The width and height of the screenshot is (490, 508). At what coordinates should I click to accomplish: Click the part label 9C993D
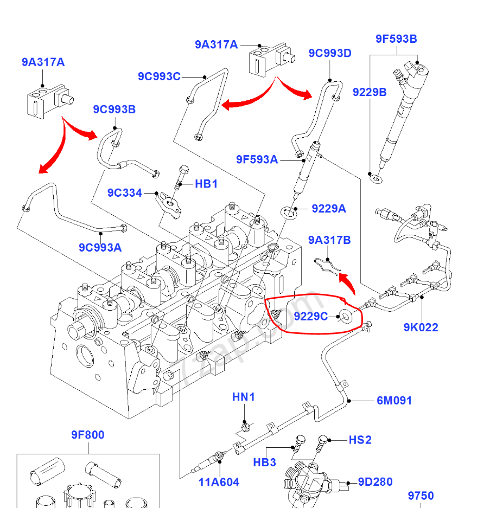click(330, 53)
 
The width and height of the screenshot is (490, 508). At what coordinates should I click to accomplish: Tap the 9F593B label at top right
click(396, 39)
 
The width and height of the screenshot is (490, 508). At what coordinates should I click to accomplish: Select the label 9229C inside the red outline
click(311, 316)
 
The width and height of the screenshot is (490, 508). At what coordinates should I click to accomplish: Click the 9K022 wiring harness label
click(421, 327)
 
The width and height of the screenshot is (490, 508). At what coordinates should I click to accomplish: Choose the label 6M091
click(394, 401)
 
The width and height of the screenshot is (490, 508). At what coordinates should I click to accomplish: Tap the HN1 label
click(244, 397)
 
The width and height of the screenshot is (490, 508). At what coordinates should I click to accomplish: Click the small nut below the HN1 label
click(245, 426)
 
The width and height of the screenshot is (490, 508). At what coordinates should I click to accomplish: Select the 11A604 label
click(219, 483)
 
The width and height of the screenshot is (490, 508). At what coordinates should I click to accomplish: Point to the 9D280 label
click(375, 482)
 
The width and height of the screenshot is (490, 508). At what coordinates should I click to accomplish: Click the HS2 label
click(360, 440)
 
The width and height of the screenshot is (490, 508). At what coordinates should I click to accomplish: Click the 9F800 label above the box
click(87, 435)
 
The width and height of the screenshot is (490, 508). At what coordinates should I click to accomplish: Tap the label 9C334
click(124, 192)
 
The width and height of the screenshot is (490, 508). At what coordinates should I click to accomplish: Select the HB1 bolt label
click(206, 184)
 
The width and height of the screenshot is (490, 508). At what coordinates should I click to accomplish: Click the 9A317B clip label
click(329, 240)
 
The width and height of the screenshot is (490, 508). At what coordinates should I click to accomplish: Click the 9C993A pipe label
click(100, 248)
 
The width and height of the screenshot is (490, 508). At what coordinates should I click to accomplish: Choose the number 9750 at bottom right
click(421, 496)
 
